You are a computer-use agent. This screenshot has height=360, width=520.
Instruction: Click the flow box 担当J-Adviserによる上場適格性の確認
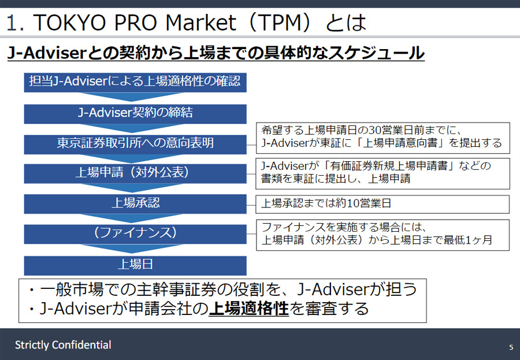point(135,81)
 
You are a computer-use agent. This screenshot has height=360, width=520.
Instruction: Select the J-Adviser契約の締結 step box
point(135,113)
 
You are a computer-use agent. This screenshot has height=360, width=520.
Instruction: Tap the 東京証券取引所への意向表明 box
point(135,143)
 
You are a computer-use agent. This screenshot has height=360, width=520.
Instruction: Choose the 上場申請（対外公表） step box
point(135,173)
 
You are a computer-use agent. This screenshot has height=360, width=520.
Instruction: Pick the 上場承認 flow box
point(135,203)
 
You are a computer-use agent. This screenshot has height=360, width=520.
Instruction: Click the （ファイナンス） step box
point(135,233)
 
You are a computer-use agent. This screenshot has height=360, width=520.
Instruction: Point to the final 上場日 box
point(135,265)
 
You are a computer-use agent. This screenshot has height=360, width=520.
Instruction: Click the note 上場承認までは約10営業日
point(382,204)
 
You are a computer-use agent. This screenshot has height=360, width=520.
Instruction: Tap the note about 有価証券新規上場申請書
point(382,173)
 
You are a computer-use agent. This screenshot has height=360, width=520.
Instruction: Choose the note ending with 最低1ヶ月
point(382,234)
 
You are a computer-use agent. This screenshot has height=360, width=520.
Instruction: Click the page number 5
point(511,347)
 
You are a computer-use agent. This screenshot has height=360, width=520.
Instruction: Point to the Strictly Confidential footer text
point(63,345)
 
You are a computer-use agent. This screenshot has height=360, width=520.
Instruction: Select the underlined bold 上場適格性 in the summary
point(248,309)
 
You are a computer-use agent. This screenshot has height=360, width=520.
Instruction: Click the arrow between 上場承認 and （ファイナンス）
point(135,218)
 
